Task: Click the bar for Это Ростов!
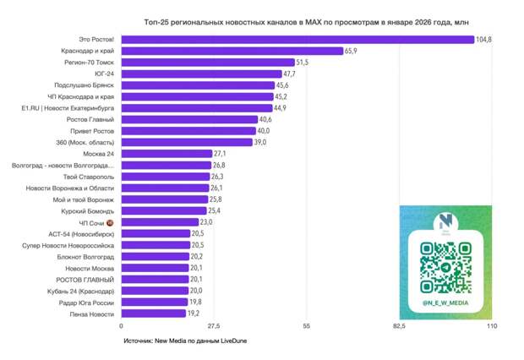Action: [x=297, y=40]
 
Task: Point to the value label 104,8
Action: [x=484, y=40]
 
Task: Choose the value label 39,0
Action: [x=261, y=143]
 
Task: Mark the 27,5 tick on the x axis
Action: [x=214, y=326]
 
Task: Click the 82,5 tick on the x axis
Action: [x=399, y=326]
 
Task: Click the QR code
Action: [x=445, y=266]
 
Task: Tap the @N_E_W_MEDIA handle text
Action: [x=445, y=303]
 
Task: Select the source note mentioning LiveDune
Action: [x=185, y=341]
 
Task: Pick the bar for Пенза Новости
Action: [x=153, y=313]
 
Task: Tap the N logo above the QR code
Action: [x=445, y=221]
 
